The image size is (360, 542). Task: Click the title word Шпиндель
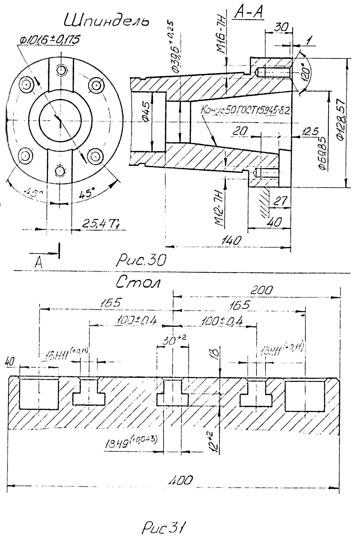point(106,22)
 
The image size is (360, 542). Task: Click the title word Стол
point(138,282)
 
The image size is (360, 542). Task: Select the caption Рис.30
point(141,260)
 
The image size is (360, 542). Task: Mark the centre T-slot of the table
point(173,393)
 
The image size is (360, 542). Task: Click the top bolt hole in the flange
point(62,70)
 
